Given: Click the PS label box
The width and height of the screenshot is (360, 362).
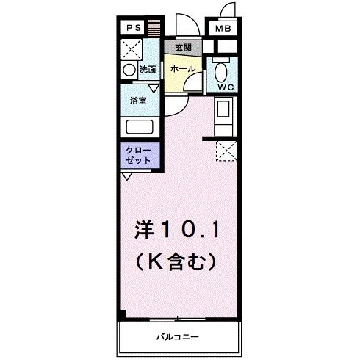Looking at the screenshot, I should click(x=133, y=29).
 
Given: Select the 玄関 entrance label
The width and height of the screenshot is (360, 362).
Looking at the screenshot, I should click(x=182, y=48).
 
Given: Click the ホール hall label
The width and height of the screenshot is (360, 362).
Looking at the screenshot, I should click(x=182, y=68).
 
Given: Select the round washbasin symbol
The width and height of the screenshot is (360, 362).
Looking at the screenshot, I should click(x=129, y=70).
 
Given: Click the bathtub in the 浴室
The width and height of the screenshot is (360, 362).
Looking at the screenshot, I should click(x=140, y=125).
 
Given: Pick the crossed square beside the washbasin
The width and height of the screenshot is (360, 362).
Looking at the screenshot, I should click(x=133, y=50).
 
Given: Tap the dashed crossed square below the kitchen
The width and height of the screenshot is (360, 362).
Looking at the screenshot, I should click(x=226, y=151).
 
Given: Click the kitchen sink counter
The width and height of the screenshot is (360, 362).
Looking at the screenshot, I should click(x=222, y=115).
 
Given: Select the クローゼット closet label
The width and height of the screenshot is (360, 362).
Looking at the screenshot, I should click(x=140, y=156).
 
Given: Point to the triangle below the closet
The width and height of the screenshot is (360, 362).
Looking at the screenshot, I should click(x=127, y=176).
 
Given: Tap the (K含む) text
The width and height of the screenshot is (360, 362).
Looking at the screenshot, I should click(x=177, y=260).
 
